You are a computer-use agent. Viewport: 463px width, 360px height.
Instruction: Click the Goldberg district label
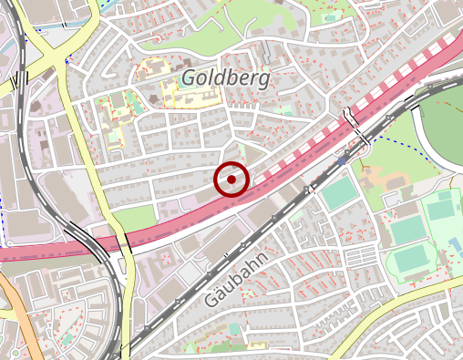tap(225, 77)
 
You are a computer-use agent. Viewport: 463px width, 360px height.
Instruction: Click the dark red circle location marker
tap(231, 180)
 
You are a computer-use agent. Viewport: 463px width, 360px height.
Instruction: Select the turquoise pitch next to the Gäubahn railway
tap(339, 193)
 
